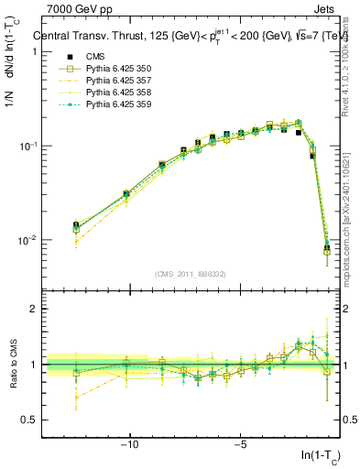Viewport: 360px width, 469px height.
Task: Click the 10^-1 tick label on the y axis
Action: coord(27,146)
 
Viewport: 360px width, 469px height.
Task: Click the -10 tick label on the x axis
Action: coord(130,445)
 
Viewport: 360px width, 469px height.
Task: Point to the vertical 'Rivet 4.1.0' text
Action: coord(353,64)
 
